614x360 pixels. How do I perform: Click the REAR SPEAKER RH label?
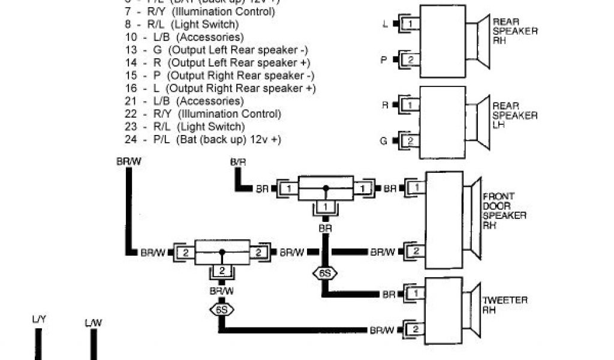point(514,32)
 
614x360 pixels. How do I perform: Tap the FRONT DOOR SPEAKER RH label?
point(505,211)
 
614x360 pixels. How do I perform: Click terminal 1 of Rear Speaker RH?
point(411,23)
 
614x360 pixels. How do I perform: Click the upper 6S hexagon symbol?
point(325,273)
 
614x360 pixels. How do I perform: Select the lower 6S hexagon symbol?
point(221,310)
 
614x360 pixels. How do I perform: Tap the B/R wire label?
point(238,162)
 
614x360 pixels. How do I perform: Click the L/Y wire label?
point(39,321)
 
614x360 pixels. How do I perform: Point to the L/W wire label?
point(93,323)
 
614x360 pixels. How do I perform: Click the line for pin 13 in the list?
point(219,50)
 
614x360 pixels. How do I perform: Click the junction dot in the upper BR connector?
point(326,188)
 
